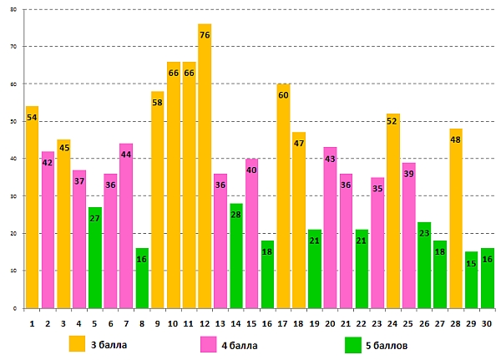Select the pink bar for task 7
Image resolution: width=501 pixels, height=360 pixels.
126,226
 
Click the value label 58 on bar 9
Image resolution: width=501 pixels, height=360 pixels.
158,105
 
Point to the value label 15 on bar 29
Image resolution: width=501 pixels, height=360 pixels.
472,263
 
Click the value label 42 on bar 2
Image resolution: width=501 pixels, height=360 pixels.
48,163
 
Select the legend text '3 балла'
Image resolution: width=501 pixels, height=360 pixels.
108,344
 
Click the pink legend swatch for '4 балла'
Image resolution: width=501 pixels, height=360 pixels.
209,343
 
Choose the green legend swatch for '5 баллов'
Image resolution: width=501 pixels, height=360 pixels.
352,343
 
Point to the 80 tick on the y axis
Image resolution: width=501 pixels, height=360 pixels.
13,9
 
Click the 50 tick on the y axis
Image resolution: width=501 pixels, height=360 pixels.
13,122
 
